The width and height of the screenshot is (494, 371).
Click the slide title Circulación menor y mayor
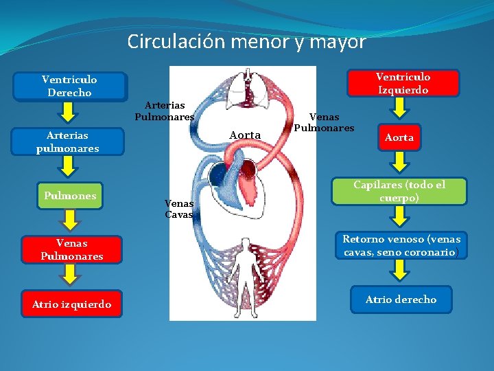coord(246,42)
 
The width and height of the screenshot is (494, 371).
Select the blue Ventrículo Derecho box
coord(69,87)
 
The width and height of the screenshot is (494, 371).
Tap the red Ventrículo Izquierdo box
coord(402,83)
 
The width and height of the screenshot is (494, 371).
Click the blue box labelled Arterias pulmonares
coord(68,142)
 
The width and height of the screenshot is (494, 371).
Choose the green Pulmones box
coord(70,196)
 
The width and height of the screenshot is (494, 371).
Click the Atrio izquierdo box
coord(71,304)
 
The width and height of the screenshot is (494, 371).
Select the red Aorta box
coord(399,137)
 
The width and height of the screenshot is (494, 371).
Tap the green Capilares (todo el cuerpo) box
coord(399,191)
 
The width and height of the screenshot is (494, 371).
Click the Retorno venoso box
coord(401,246)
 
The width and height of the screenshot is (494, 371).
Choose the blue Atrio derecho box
coord(401,300)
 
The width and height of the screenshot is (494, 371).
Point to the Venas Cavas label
coord(179,209)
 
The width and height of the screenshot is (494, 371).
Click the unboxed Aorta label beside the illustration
coord(245,135)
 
